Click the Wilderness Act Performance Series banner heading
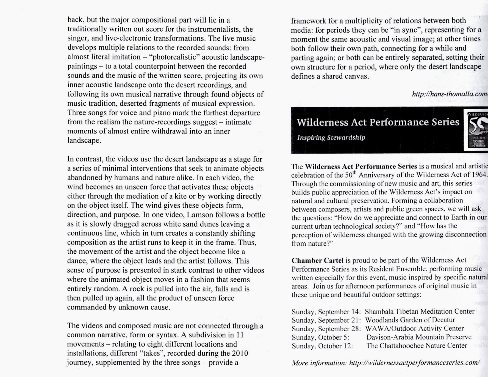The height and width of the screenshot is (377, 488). pyautogui.click(x=378, y=122)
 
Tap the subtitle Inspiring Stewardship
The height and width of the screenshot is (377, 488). pyautogui.click(x=331, y=138)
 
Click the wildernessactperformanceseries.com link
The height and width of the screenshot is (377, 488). pyautogui.click(x=414, y=363)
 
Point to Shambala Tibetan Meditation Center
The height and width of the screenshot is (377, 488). pyautogui.click(x=419, y=312)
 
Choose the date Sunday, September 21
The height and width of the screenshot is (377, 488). pyautogui.click(x=326, y=320)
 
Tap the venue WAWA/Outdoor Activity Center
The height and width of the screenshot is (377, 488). pyautogui.click(x=414, y=329)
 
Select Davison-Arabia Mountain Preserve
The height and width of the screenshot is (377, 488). pyautogui.click(x=419, y=337)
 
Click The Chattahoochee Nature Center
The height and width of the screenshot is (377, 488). pyautogui.click(x=417, y=346)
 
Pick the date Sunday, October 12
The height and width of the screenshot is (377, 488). pyautogui.click(x=322, y=346)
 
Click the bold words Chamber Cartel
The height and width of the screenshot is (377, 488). pyautogui.click(x=317, y=261)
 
